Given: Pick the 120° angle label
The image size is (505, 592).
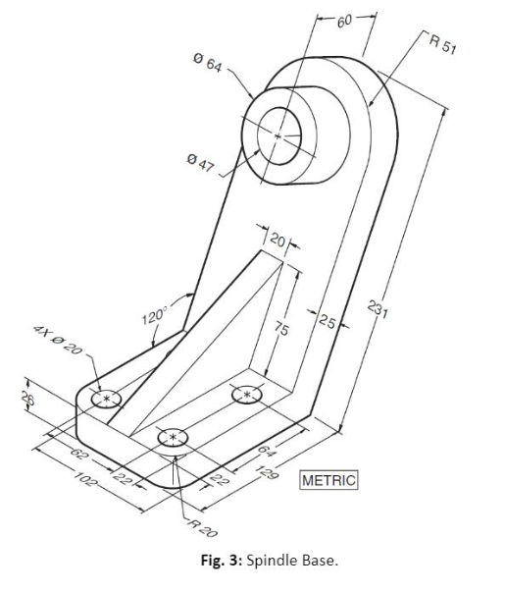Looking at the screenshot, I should [154, 317].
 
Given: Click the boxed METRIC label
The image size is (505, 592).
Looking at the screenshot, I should [329, 480].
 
